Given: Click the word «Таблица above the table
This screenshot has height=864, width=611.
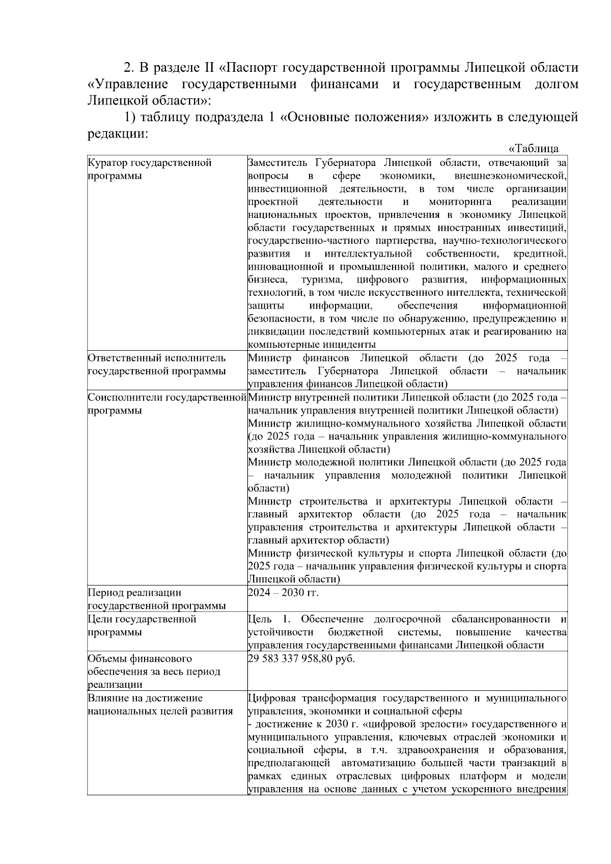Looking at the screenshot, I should (533, 149).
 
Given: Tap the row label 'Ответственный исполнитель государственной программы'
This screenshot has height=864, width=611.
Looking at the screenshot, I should (156, 365).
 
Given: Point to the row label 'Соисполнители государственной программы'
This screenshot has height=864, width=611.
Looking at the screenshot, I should (167, 404).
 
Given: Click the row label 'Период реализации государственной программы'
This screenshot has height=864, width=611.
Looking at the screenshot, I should (156, 599).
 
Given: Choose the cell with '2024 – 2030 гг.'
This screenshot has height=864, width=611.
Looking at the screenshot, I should (283, 593).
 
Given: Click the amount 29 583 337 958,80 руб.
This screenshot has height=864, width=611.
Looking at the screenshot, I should (301, 658).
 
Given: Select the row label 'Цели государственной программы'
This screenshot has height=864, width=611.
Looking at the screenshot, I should (142, 626).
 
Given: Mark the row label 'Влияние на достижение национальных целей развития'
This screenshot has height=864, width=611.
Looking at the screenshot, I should (160, 705).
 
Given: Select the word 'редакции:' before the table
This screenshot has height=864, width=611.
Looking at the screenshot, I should (118, 134).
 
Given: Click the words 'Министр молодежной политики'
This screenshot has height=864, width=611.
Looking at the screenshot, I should (326, 462).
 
